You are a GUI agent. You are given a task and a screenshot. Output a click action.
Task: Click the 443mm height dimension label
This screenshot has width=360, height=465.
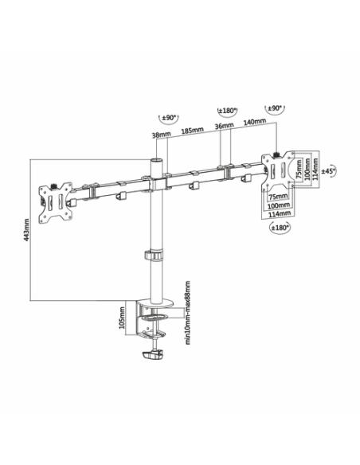27,230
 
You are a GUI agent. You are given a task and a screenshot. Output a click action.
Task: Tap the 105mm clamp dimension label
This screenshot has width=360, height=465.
122,318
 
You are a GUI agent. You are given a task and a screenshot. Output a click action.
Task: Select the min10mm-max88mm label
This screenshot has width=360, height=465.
187,313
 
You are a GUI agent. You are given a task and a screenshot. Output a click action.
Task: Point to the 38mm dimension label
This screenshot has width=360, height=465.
162,135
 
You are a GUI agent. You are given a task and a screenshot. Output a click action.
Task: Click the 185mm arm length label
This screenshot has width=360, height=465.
193,130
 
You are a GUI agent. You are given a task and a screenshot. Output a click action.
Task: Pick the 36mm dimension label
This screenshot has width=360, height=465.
224,126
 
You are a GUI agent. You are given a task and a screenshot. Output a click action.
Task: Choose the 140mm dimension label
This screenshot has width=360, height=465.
255,121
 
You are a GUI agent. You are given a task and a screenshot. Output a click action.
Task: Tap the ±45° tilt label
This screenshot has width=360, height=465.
328,171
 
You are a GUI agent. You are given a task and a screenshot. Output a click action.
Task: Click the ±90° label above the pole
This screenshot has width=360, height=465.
169,117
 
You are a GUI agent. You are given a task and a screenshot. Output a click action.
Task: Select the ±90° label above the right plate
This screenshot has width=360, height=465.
276,108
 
